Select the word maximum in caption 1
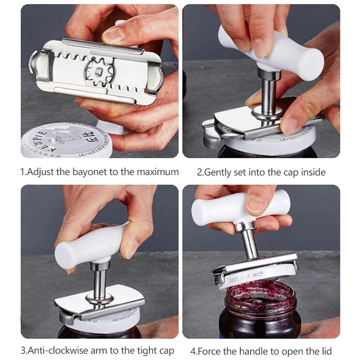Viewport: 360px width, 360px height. click(x=158, y=172)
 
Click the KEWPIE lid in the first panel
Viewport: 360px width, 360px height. click(x=58, y=142)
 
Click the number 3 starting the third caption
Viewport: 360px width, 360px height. click(x=23, y=351)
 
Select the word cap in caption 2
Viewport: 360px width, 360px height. click(x=291, y=172)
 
